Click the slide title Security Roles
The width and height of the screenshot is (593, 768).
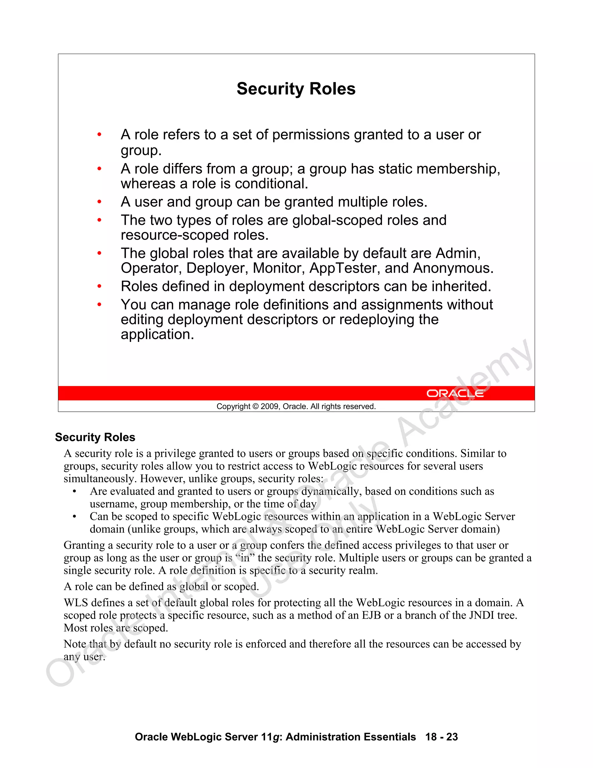click(296, 89)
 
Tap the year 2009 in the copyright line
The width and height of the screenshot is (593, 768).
click(270, 407)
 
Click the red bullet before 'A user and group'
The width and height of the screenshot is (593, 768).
click(99, 202)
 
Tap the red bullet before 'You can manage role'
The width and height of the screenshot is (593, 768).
click(99, 305)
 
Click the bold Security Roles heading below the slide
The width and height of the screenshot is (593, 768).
click(95, 437)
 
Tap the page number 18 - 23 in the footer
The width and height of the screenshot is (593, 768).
click(441, 737)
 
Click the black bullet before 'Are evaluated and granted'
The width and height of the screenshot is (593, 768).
click(74, 492)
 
